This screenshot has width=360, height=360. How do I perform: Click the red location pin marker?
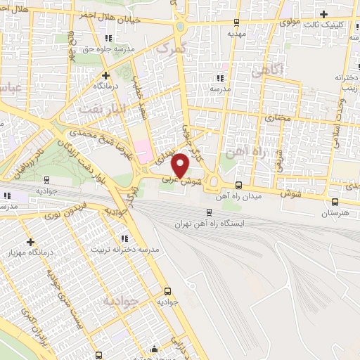coord(181,165)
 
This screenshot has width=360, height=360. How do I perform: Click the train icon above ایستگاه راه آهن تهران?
coord(210,212)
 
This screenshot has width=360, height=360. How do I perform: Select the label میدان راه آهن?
coord(259,196)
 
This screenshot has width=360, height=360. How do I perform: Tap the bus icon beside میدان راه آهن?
coord(238,186)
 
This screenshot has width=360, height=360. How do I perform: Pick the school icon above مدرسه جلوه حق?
coord(107,39)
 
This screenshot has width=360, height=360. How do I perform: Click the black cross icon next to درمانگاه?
coord(105,75)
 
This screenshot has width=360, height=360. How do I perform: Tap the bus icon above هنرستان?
coord(335,201)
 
